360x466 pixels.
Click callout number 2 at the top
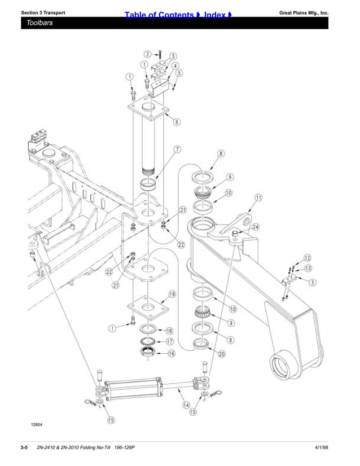click(147, 54)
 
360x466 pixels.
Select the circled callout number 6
click(177, 122)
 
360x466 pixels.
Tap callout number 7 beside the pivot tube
click(177, 150)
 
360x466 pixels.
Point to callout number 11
click(258, 197)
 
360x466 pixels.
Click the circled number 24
click(255, 227)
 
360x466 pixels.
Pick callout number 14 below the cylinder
click(186, 405)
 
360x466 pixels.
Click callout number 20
click(222, 354)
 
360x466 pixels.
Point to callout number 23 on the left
click(40, 273)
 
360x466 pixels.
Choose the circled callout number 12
click(308, 258)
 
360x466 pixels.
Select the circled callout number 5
click(179, 73)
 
